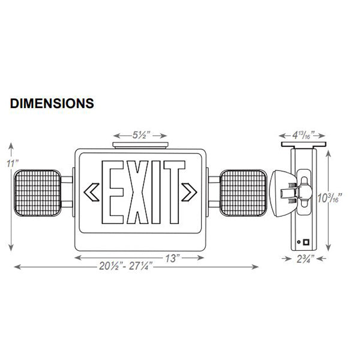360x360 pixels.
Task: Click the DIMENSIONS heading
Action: [x=52, y=103]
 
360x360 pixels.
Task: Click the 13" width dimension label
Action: [x=172, y=257]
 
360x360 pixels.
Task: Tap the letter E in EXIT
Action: [x=113, y=191]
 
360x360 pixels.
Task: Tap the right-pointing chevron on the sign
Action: [x=191, y=192]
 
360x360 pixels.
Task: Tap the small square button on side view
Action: [x=308, y=244]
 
